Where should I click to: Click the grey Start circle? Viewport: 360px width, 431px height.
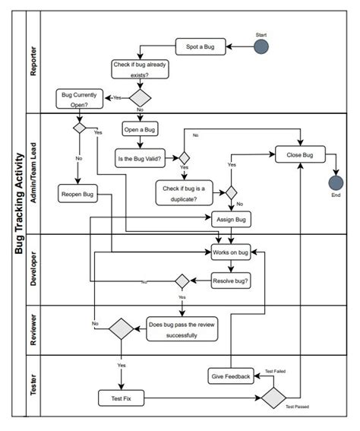pyautogui.click(x=261, y=47)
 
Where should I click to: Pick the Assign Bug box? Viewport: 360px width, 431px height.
pyautogui.click(x=231, y=219)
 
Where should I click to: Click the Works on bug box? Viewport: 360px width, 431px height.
pyautogui.click(x=231, y=252)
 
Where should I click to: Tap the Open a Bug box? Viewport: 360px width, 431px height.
pyautogui.click(x=140, y=128)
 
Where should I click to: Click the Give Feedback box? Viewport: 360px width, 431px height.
pyautogui.click(x=229, y=376)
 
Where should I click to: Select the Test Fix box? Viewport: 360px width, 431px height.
pyautogui.click(x=122, y=398)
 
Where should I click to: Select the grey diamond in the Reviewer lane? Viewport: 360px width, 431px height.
pyautogui.click(x=121, y=329)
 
